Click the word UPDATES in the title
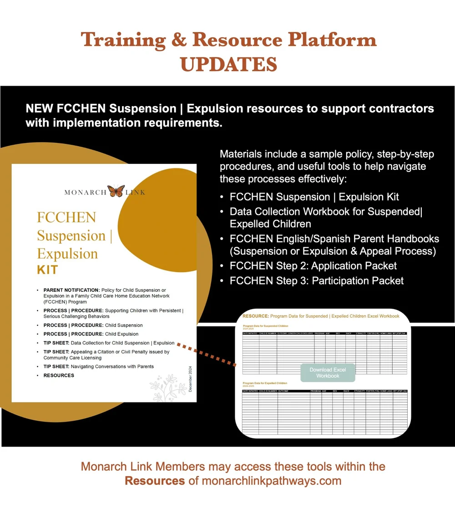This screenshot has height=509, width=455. [x=227, y=64]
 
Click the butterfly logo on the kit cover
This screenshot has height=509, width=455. [x=116, y=191]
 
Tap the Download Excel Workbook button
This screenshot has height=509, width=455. [x=328, y=372]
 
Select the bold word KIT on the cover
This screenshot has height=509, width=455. [x=47, y=270]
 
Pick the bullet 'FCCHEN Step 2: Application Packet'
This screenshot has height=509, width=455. [x=313, y=266]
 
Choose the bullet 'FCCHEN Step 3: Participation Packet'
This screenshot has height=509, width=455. [x=316, y=280]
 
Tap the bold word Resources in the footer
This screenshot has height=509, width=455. [x=155, y=481]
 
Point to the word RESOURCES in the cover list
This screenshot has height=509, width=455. [x=59, y=375]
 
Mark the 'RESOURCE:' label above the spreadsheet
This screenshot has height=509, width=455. [x=255, y=316]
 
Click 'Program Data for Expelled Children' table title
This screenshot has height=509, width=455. [x=265, y=383]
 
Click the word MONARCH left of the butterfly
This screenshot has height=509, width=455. [x=85, y=192]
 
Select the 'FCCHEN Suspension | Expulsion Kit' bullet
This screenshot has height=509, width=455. [x=314, y=197]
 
